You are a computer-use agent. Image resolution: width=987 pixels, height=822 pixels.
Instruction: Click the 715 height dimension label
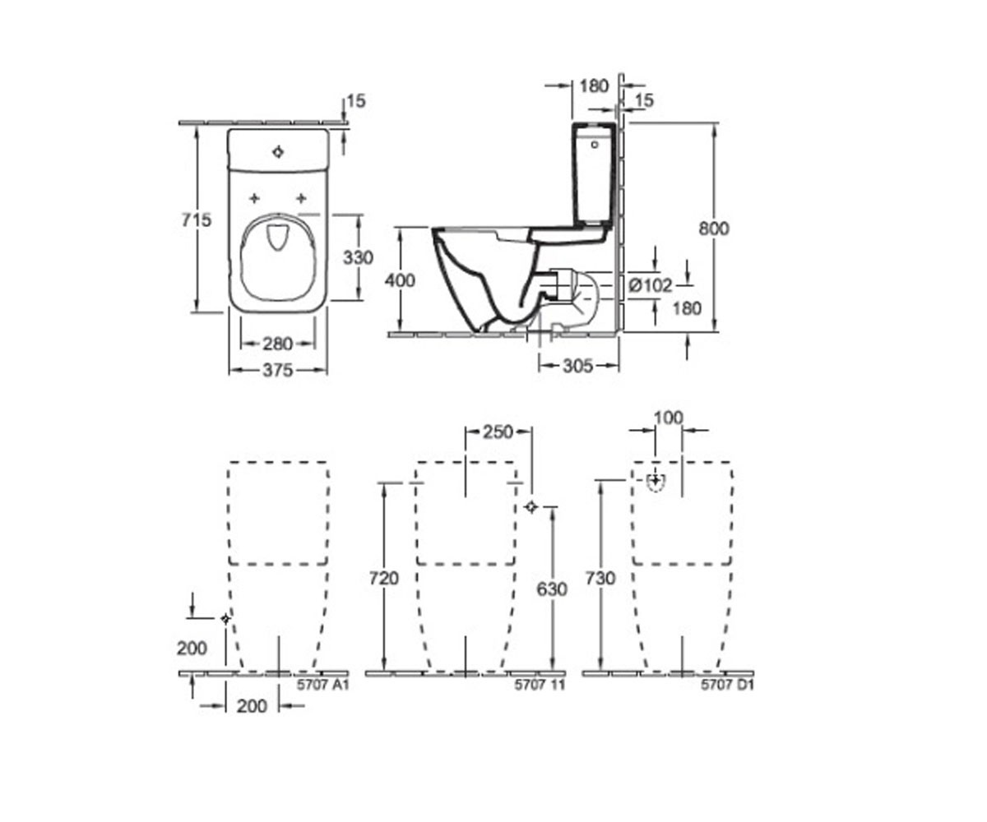tap(197, 219)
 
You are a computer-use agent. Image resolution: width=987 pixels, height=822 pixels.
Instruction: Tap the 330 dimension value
tap(358, 257)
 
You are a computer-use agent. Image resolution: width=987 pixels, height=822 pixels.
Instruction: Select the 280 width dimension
tap(277, 344)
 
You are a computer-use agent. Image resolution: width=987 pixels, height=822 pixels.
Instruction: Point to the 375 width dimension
tap(277, 371)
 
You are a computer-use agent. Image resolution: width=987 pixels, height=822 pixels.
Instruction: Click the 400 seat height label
tap(400, 280)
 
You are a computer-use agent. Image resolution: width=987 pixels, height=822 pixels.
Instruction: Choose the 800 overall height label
tap(714, 229)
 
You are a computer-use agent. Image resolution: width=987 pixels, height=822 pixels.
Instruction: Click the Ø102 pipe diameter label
tap(651, 285)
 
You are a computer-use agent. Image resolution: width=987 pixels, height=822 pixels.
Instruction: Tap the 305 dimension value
tap(577, 365)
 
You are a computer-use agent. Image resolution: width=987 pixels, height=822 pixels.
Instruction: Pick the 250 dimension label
tap(498, 432)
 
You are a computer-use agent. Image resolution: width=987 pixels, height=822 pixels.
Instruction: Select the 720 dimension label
tap(384, 578)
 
